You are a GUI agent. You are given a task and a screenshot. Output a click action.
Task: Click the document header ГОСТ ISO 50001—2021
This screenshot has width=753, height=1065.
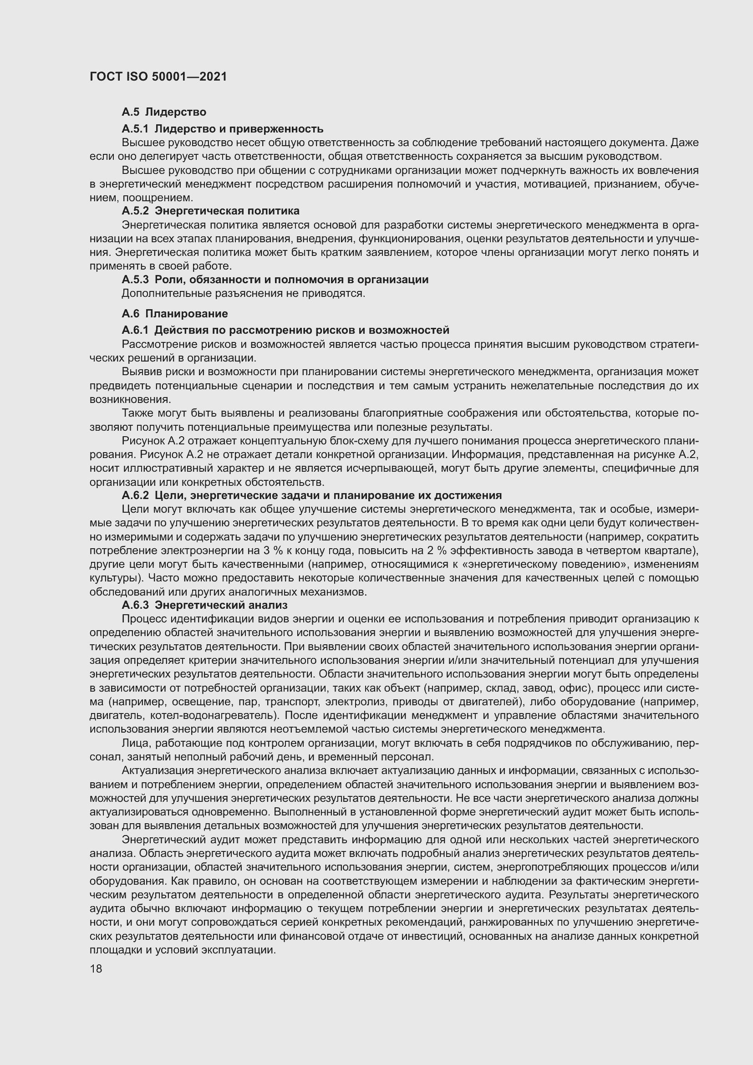(x=158, y=76)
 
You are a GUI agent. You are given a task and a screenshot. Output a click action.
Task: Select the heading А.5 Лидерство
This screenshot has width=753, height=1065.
(x=164, y=112)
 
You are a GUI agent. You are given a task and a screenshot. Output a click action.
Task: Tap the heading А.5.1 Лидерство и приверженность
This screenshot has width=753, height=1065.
(x=222, y=128)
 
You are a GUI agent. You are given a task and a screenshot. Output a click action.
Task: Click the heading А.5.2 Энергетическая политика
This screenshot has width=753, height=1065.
(x=210, y=211)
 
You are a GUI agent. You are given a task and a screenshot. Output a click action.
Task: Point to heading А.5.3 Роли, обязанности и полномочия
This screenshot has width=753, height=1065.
(x=275, y=280)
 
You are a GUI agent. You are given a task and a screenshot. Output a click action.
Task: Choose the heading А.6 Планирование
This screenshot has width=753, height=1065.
(x=174, y=314)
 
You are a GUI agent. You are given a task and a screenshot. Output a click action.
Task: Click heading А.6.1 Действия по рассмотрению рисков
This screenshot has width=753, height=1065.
(x=285, y=330)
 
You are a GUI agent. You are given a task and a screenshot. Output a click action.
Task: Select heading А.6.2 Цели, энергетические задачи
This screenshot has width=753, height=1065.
(x=311, y=495)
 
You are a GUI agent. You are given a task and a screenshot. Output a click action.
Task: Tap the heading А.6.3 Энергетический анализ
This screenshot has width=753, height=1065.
(x=204, y=605)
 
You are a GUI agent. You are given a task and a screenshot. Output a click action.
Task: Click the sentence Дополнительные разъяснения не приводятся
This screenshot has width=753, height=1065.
(x=243, y=294)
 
